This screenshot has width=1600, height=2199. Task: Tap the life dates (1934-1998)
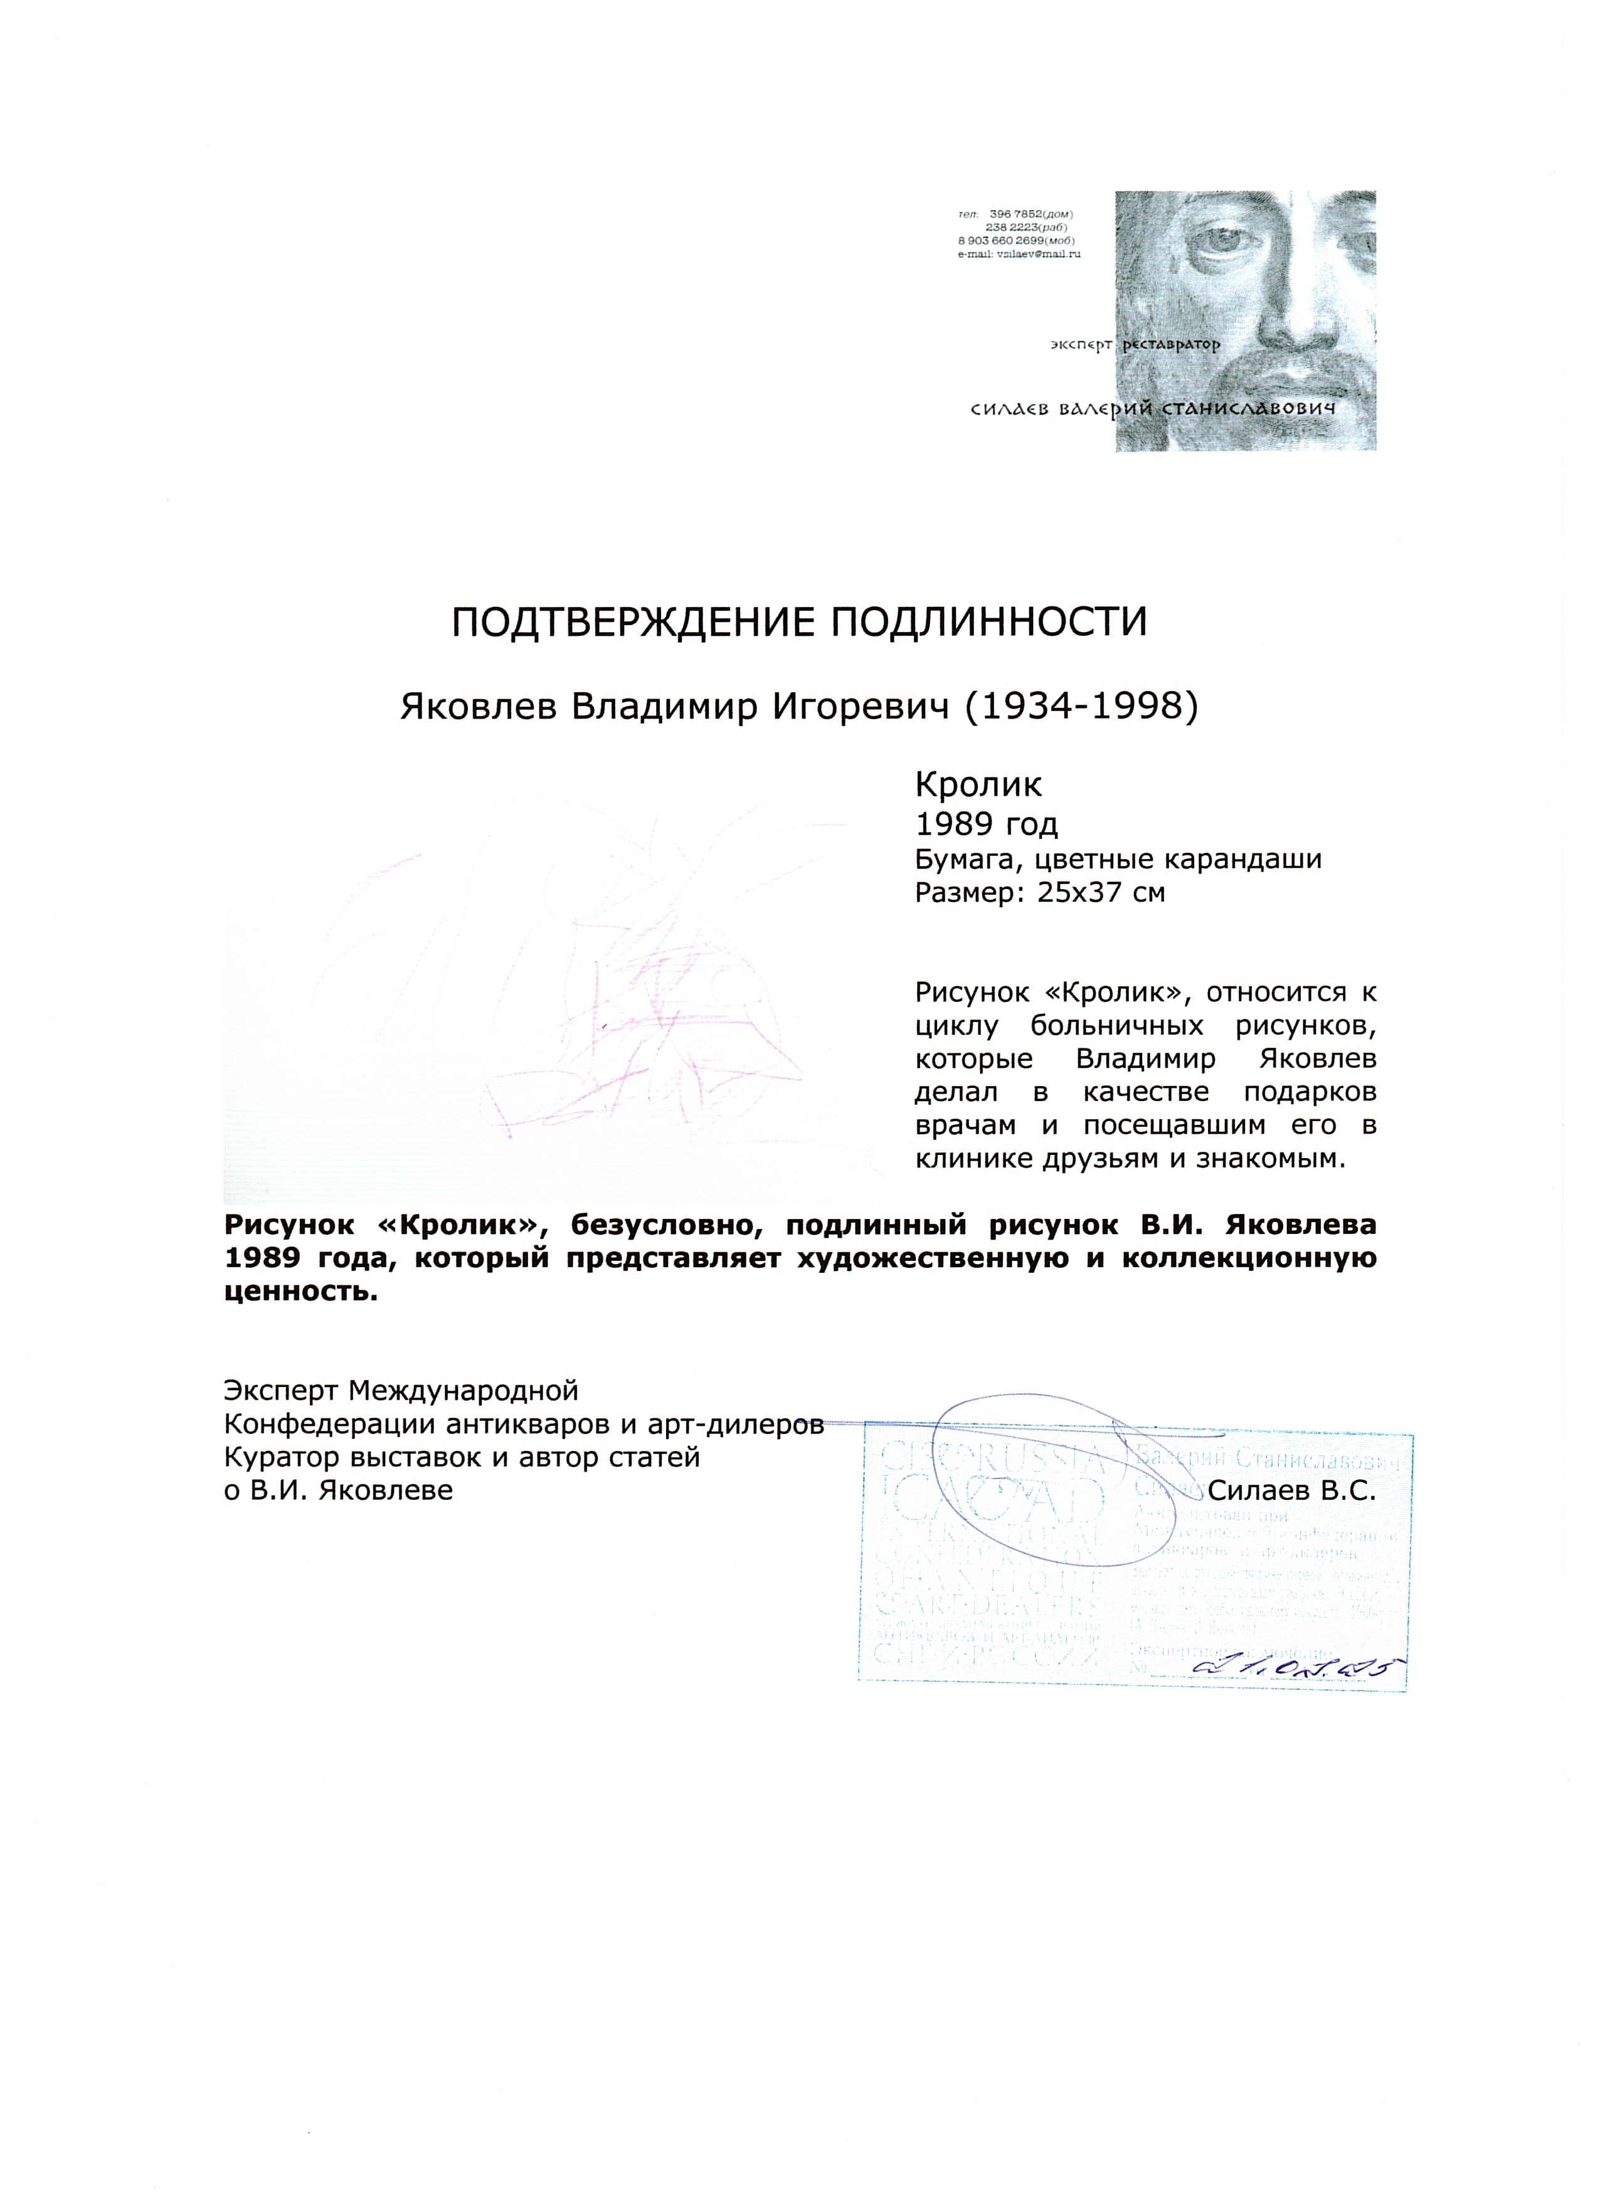pyautogui.click(x=1079, y=709)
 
